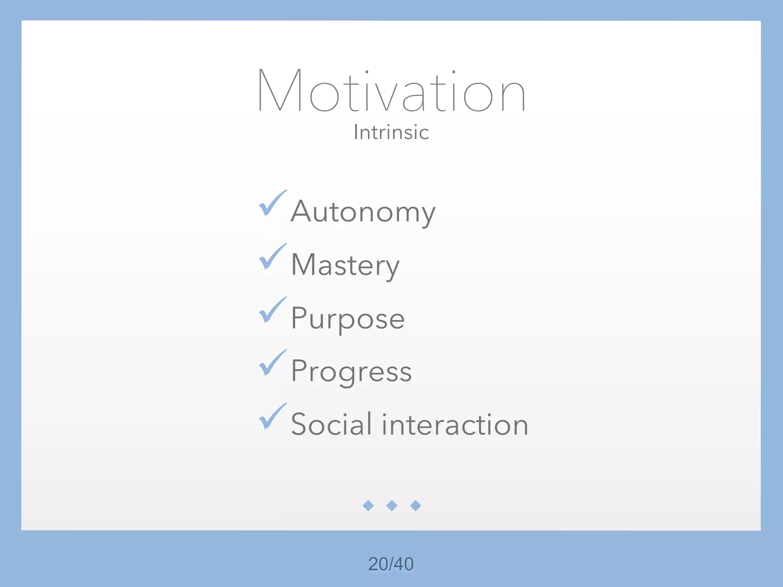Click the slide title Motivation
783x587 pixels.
391,91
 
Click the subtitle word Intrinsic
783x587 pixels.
391,132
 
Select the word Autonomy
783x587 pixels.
363,212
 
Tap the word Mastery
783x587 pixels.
345,265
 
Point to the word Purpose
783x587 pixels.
348,318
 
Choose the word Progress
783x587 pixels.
351,371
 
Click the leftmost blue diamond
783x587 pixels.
368,506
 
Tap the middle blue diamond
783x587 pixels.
391,506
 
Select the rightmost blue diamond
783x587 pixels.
415,506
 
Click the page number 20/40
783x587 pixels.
391,564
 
